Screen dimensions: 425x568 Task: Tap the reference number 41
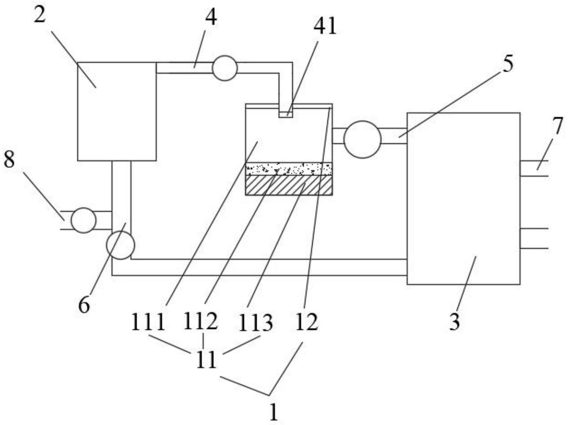tap(325, 27)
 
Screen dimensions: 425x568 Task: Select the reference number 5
tap(508, 63)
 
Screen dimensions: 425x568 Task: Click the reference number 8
tap(10, 160)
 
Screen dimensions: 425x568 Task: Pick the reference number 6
tap(84, 305)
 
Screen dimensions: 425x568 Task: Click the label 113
tap(256, 323)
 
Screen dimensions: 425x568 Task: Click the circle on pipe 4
tap(224, 68)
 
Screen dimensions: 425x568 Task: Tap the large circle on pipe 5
tap(362, 139)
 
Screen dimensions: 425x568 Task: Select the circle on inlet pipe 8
tap(83, 220)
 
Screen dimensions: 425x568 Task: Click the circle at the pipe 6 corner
tap(120, 245)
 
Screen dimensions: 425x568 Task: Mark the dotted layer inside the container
tap(289, 168)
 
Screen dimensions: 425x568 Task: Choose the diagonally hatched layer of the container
tap(289, 185)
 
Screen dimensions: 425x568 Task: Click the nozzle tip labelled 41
tap(286, 114)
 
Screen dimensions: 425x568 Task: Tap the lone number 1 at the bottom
tap(274, 412)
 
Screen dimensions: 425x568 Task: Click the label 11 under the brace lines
tap(205, 360)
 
